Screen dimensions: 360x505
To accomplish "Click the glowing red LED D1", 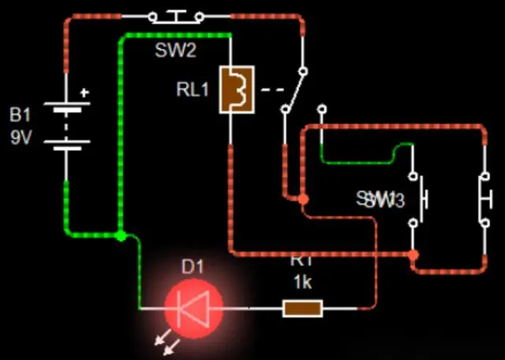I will [x=193, y=307].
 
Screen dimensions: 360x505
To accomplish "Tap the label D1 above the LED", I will [x=193, y=267].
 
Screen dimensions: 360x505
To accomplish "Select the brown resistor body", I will [x=302, y=308].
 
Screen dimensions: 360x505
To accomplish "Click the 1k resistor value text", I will [x=302, y=282].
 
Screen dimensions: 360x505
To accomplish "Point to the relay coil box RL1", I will [x=236, y=90].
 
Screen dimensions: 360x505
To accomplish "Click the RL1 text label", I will [x=193, y=89].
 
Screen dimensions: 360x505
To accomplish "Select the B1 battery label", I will [x=21, y=115].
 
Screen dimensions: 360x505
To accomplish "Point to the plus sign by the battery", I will [x=85, y=92].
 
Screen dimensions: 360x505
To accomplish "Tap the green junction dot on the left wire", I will [x=120, y=235].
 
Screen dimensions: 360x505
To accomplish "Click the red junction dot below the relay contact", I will [x=302, y=200].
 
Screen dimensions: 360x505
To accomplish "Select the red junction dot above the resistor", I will [x=413, y=255].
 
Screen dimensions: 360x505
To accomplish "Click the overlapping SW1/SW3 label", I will [x=380, y=200].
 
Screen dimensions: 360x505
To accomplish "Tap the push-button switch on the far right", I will [x=484, y=197].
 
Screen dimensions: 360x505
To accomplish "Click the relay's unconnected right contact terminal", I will [x=321, y=107].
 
